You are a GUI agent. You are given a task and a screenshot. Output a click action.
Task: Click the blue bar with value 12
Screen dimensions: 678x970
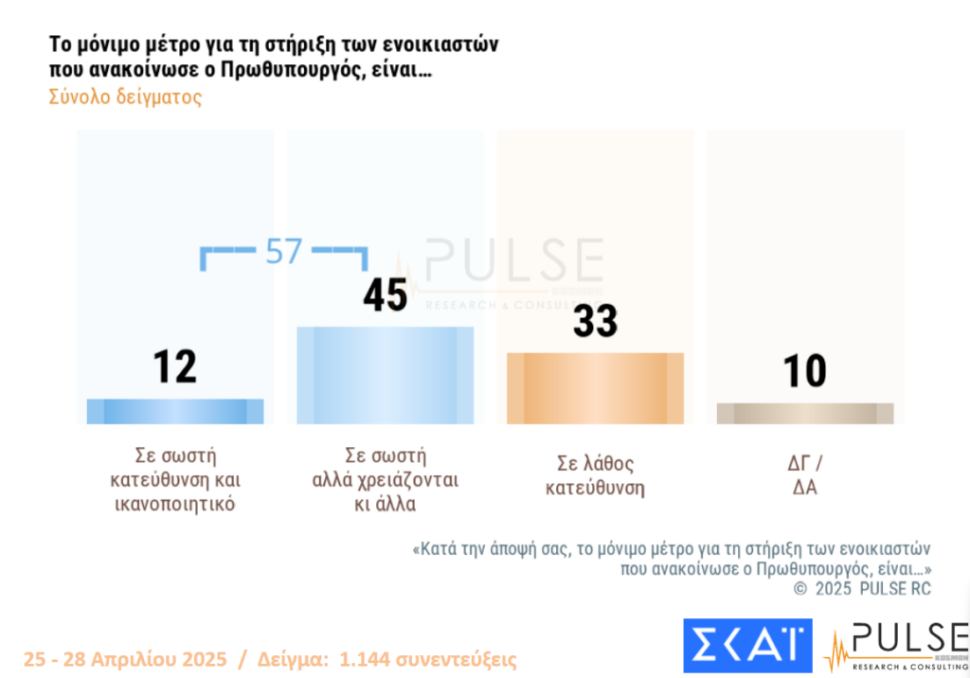click(175, 411)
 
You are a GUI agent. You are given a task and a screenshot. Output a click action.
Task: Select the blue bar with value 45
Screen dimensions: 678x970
click(386, 375)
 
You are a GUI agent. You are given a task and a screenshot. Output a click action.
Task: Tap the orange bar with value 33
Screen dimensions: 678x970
click(595, 388)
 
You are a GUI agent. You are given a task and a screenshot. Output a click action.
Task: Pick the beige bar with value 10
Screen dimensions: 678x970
click(805, 414)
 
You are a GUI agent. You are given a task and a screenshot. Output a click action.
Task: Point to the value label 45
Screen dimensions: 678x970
click(386, 294)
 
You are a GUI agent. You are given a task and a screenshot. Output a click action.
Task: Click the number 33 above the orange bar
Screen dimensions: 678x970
click(595, 321)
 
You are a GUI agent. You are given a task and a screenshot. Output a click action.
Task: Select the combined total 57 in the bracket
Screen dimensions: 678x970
click(283, 251)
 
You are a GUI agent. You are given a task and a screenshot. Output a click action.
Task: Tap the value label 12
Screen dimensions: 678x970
click(175, 366)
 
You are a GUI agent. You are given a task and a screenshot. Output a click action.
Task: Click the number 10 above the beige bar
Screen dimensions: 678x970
click(805, 371)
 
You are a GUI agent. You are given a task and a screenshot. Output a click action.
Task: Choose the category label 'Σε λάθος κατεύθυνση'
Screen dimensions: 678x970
click(595, 476)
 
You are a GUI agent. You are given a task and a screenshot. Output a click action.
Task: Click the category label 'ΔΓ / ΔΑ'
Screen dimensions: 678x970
click(805, 476)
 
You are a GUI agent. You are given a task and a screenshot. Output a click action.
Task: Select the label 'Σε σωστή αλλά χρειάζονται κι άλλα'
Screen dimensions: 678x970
click(386, 479)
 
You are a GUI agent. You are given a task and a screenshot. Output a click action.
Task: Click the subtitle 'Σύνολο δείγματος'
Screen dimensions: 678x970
click(125, 98)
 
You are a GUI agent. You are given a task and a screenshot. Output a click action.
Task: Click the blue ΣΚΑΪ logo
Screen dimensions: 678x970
click(747, 646)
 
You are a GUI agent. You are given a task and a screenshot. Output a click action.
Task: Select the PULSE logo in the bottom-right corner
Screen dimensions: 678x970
click(895, 646)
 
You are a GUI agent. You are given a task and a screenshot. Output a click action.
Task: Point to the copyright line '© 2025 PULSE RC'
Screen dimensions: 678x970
click(862, 589)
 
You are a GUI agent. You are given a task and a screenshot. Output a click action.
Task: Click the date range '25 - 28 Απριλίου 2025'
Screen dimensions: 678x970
click(125, 659)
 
